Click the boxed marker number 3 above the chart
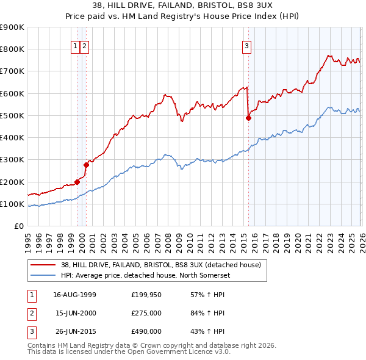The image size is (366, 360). tap(247, 45)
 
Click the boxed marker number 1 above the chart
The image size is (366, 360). tap(76, 45)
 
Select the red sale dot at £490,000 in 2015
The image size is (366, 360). tap(248, 118)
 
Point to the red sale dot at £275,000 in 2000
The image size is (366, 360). tap(86, 165)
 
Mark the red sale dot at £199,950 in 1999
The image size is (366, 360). tap(77, 181)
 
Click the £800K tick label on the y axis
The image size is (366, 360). tap(12, 49)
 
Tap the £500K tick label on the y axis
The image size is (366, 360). tap(12, 115)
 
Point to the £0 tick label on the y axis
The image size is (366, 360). tap(19, 226)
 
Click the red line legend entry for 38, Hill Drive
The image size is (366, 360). tap(161, 265)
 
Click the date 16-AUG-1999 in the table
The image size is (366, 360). tap(74, 295)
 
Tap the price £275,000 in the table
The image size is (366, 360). tap(146, 313)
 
